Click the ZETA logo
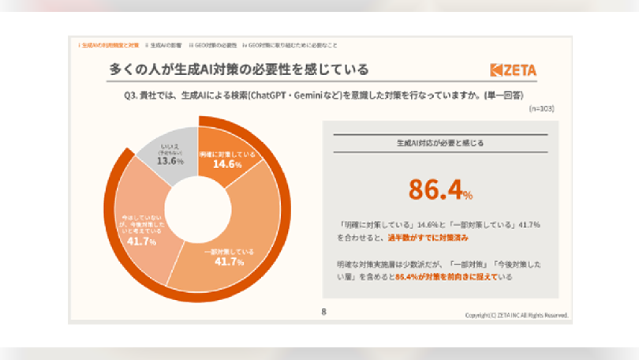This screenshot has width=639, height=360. coord(513,70)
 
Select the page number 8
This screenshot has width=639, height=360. coord(323,313)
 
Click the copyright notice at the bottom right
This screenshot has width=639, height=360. coord(516,314)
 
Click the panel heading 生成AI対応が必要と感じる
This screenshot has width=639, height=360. coord(440,144)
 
